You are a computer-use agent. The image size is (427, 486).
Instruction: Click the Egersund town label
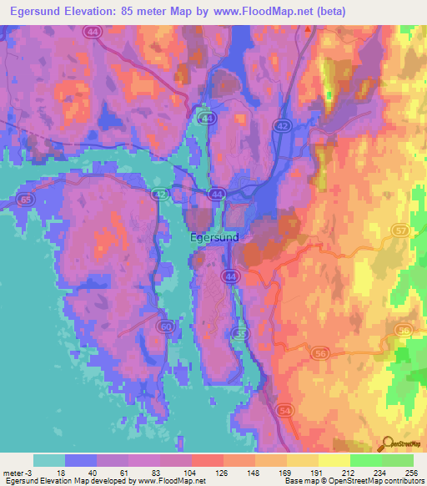pos(214,236)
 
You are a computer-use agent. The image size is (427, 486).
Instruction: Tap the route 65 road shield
pos(27,200)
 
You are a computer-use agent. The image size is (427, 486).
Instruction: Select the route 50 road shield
pos(167,326)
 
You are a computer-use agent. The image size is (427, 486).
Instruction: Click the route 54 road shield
pos(284,412)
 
